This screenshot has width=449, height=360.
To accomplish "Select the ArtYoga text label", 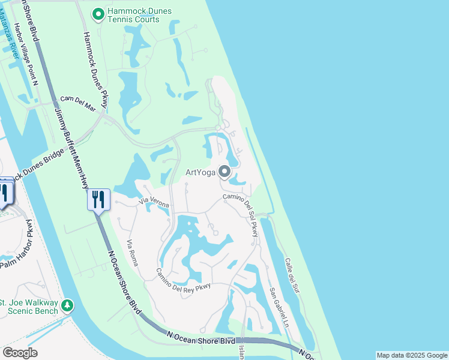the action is click(x=200, y=173).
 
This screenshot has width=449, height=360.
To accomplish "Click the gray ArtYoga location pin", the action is click(x=224, y=172).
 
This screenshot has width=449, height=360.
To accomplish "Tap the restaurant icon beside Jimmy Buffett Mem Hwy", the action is click(x=98, y=199).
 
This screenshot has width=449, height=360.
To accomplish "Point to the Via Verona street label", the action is click(x=154, y=203).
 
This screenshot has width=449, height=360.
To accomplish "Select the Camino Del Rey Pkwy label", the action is click(x=184, y=280).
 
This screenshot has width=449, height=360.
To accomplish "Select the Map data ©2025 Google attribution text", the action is click(x=412, y=355).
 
